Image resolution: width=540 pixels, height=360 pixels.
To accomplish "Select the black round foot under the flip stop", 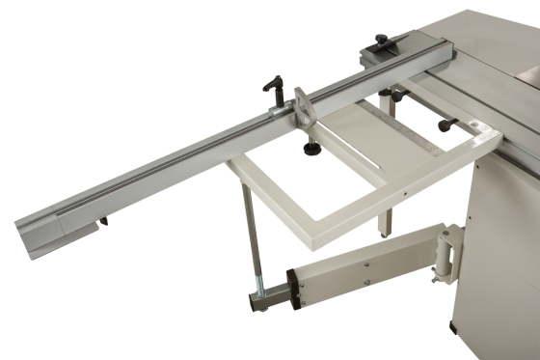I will (x=312, y=150).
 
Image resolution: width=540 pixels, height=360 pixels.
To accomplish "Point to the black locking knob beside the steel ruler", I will (x=445, y=125).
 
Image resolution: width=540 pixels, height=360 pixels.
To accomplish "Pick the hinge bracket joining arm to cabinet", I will (x=447, y=251).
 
